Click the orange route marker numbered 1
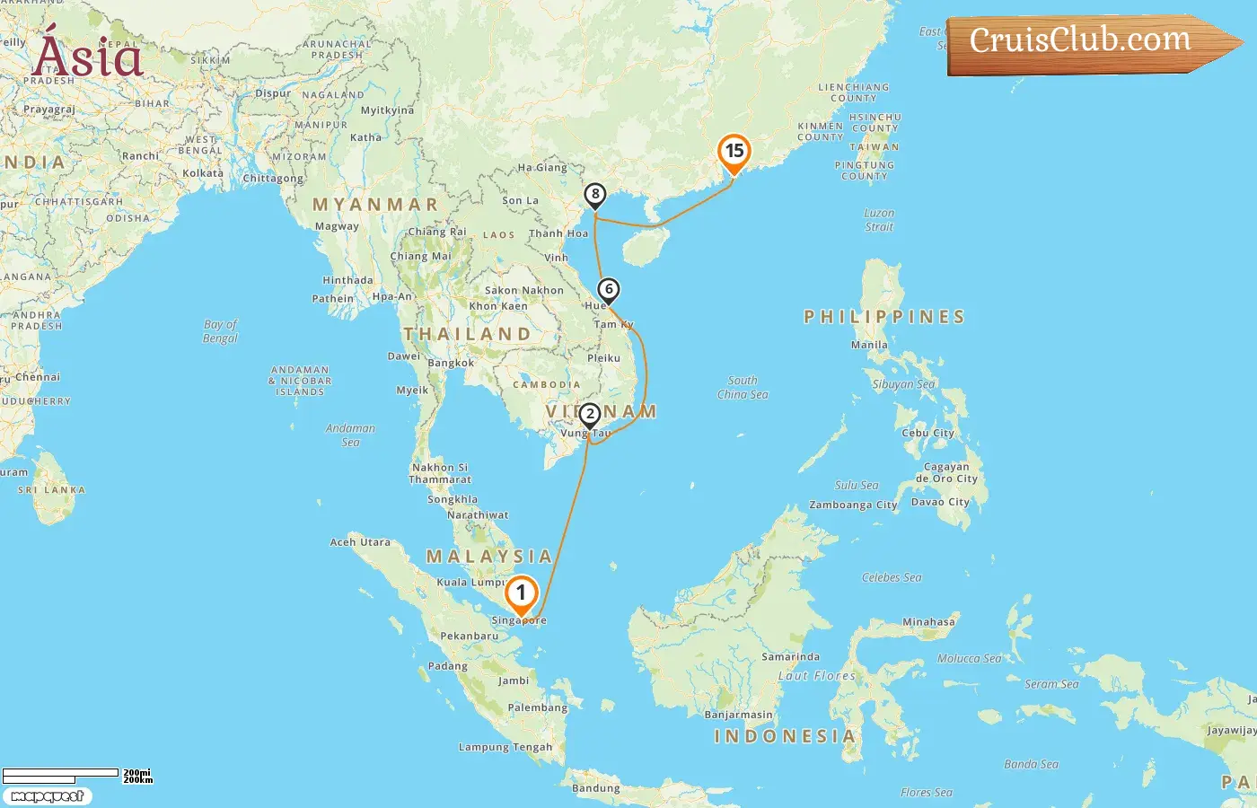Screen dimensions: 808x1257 [x=521, y=594]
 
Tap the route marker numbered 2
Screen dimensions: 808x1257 [x=590, y=415]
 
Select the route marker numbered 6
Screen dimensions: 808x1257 [x=609, y=290]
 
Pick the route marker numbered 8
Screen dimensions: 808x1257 [x=594, y=195]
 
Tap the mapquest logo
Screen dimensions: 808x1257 [x=47, y=796]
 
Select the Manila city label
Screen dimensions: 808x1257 [x=869, y=345]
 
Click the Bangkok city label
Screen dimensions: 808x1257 [x=451, y=364]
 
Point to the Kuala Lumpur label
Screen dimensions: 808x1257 [x=471, y=583]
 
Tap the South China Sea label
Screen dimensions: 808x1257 [x=743, y=387]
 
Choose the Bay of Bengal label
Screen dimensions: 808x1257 [x=221, y=331]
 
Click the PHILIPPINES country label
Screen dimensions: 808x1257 [x=884, y=317]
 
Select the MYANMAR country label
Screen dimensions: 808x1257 [x=375, y=205]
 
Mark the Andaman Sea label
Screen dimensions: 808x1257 [x=350, y=435]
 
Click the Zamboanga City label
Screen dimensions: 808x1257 [x=853, y=505]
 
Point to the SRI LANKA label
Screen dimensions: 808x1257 [x=52, y=490]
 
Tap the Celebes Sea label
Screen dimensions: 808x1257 [x=892, y=577]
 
